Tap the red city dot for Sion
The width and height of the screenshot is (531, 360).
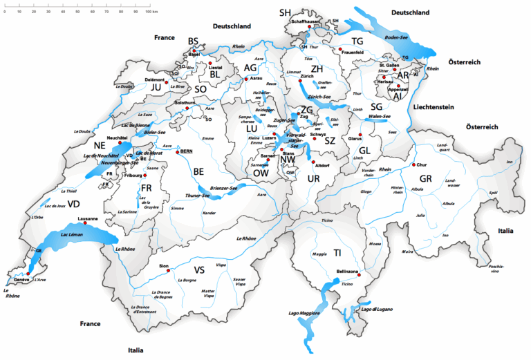pos(165,270)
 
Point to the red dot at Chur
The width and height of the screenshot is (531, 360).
pos(414,164)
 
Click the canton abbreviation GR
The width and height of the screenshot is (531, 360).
pos(425,178)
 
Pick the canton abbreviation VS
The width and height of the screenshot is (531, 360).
pos(200,270)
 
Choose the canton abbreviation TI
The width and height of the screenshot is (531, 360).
pos(337,253)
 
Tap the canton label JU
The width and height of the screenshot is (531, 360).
pos(156,88)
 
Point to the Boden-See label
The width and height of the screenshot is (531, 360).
pos(397,37)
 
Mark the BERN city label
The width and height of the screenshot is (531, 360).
pos(186,150)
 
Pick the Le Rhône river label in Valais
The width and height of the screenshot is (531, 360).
pos(246,238)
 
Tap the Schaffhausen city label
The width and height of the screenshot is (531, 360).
pos(306,21)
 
